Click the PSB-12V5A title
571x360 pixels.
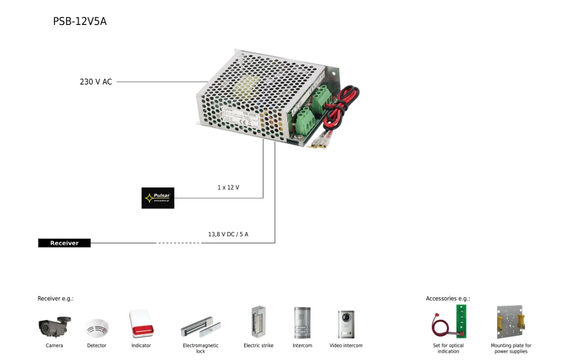tap(80, 21)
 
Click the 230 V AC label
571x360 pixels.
tap(96, 82)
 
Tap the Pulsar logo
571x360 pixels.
tap(158, 198)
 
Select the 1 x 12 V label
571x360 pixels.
tap(228, 188)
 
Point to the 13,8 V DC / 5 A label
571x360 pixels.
tap(228, 235)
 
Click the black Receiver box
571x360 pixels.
tap(64, 243)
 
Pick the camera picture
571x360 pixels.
tap(55, 326)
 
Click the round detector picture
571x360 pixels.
tap(97, 328)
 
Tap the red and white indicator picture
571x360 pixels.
tap(141, 324)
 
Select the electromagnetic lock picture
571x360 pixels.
tap(200, 329)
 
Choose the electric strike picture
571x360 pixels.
tap(258, 322)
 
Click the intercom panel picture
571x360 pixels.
tap(302, 323)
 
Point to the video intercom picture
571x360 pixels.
tap(346, 324)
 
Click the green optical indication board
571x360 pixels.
tap(461, 321)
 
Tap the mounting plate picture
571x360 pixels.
tap(510, 322)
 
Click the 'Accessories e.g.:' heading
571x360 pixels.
tap(448, 299)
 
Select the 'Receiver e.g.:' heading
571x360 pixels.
tap(56, 299)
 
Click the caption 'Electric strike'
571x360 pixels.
tap(258, 346)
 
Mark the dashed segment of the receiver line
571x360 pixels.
tap(178, 243)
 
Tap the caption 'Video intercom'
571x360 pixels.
tap(346, 346)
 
